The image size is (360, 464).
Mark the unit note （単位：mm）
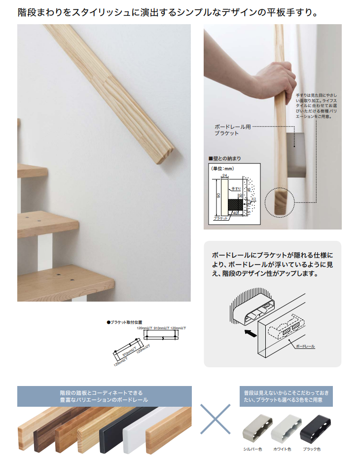[222, 168]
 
